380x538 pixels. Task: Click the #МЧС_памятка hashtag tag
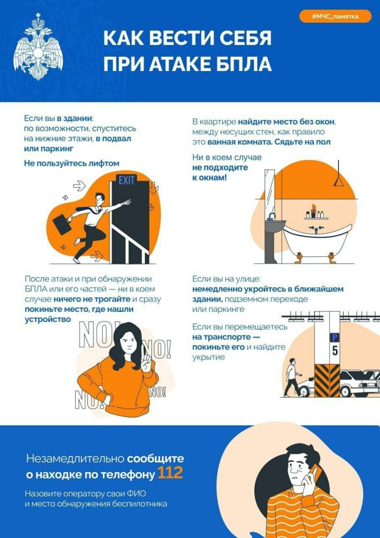click(335, 17)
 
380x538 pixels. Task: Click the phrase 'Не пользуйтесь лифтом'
click(71, 163)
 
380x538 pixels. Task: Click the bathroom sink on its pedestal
click(275, 226)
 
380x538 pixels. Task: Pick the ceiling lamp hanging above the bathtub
click(338, 182)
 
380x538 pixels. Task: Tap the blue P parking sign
click(335, 337)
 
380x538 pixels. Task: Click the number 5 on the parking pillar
click(335, 350)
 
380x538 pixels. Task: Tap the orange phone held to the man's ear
click(313, 475)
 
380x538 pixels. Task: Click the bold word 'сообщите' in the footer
click(156, 459)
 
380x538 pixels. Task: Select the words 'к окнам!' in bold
click(209, 178)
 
